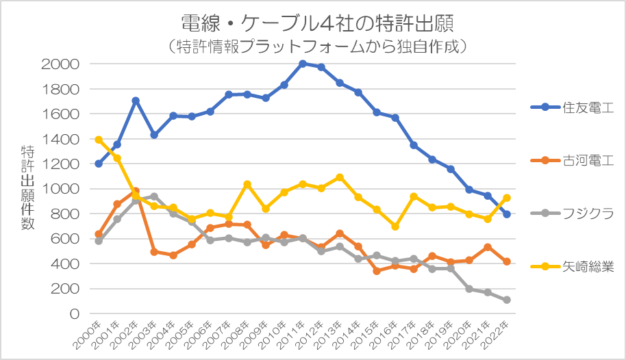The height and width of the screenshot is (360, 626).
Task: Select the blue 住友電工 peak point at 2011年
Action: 303,64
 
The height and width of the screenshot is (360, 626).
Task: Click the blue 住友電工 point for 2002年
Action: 136,101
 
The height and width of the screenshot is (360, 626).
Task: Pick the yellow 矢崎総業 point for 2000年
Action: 99,140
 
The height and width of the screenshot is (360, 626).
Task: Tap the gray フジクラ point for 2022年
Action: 507,300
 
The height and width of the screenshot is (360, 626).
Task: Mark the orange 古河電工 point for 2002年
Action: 136,192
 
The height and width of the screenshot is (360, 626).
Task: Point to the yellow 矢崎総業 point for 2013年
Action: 340,177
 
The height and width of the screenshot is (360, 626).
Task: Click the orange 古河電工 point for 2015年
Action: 377,271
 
